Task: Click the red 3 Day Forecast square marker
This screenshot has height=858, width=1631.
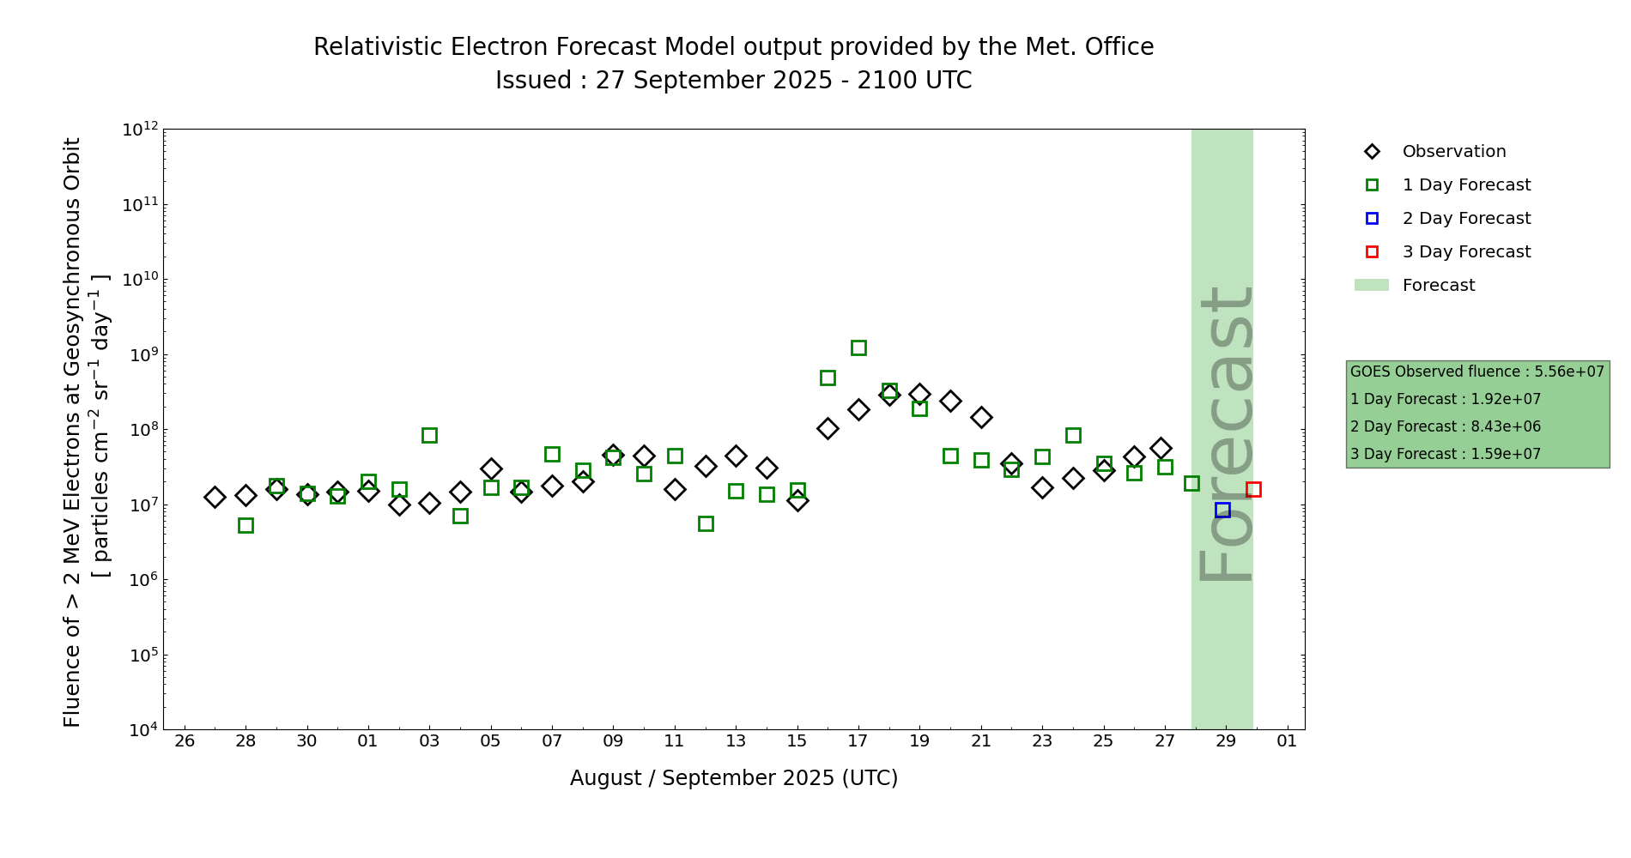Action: (x=1253, y=490)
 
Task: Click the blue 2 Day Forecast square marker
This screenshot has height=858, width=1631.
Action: (x=1222, y=510)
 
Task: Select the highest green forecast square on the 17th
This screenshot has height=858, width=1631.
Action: (x=858, y=347)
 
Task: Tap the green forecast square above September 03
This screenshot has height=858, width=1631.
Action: (x=429, y=435)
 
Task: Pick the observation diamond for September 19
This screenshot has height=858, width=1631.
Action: (x=919, y=395)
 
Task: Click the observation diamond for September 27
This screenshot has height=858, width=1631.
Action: (x=1161, y=448)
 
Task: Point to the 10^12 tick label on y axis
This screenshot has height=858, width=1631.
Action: (x=140, y=130)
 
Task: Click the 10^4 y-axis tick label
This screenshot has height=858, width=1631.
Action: (x=140, y=730)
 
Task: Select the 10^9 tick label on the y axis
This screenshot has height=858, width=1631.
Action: (x=140, y=355)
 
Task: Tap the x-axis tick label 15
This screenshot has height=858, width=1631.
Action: (x=797, y=740)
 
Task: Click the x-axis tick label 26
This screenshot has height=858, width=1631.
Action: (x=185, y=740)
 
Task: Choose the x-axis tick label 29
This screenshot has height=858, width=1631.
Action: (x=1226, y=740)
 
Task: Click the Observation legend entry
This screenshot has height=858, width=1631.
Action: (x=1453, y=152)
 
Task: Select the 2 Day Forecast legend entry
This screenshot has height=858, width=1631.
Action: (x=1466, y=219)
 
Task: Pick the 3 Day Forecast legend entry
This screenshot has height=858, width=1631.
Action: (x=1466, y=252)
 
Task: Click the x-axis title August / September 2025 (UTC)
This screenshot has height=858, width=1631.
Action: (x=734, y=778)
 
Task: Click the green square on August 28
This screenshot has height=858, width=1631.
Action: (x=246, y=525)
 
